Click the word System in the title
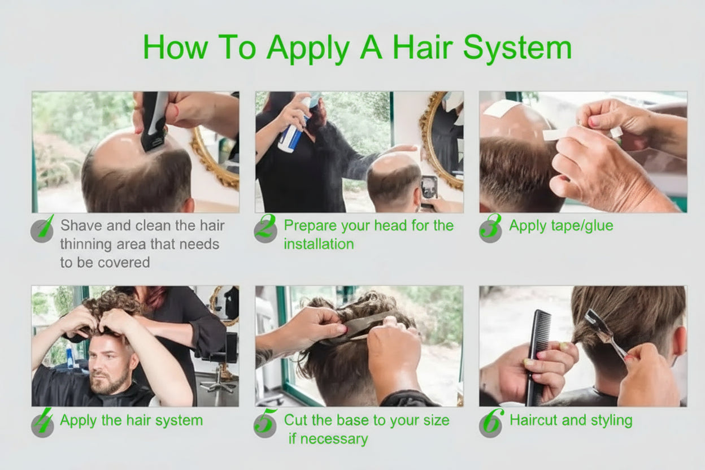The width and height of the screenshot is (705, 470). click(517, 47)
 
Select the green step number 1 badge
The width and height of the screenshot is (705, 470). click(42, 229)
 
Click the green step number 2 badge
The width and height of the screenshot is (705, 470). click(266, 229)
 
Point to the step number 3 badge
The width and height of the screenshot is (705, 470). click(490, 229)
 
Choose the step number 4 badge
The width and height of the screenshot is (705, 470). click(42, 423)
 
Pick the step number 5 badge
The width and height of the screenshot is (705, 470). click(266, 423)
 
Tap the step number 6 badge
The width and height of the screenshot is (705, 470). click(491, 423)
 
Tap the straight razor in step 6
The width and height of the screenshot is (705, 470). click(604, 334)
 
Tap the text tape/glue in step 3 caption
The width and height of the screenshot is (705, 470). click(580, 226)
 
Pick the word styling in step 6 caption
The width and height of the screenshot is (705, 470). click(611, 421)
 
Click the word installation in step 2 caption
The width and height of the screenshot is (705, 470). click(319, 244)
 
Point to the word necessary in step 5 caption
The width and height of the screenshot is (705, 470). click(334, 439)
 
